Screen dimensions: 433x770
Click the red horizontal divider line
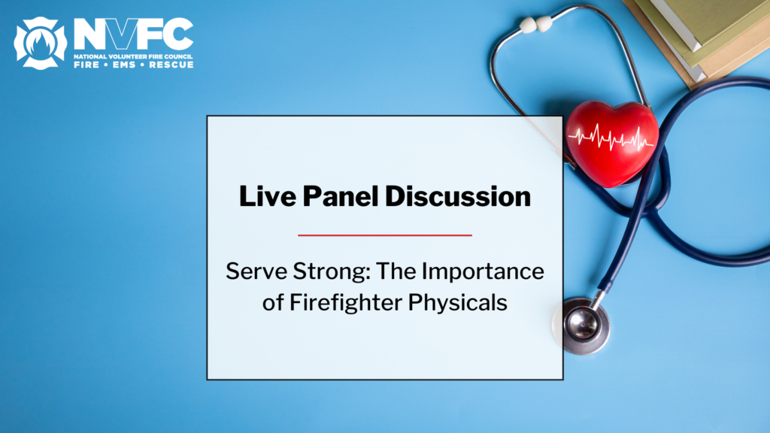point(385,235)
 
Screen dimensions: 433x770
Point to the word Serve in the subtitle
point(252,271)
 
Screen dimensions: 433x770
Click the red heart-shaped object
point(611,143)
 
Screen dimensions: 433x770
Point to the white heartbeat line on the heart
point(611,138)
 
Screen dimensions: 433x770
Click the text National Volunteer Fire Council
point(133,56)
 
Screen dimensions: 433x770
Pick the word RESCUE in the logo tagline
point(171,65)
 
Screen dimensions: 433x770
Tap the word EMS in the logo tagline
point(126,65)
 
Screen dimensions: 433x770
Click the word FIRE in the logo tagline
point(88,65)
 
